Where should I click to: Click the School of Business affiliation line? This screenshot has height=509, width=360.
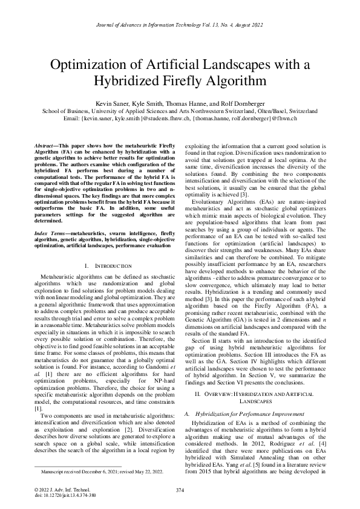pos(180,111)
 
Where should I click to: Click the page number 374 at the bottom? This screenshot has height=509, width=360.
pos(180,489)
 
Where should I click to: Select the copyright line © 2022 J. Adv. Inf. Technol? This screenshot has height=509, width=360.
pos(61,488)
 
